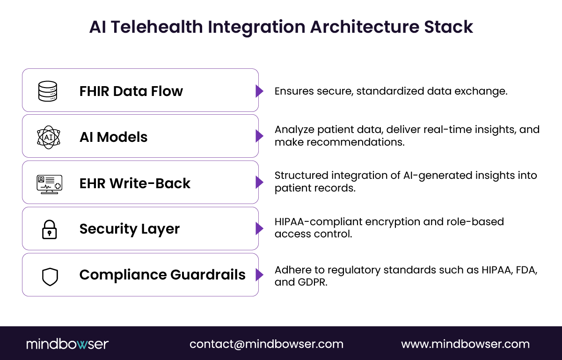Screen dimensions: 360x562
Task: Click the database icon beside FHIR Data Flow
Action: point(47,91)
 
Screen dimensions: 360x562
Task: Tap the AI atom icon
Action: point(48,137)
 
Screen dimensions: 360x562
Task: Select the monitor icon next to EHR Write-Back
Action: point(49,184)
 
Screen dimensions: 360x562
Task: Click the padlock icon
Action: point(49,229)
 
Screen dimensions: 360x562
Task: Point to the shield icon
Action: point(50,276)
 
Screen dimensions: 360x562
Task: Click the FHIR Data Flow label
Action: point(131,91)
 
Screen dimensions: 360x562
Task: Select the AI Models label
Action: point(113,137)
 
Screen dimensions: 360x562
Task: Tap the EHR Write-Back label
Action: point(135,183)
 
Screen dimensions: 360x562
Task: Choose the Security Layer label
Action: point(129,229)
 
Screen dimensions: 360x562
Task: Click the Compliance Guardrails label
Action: point(162,275)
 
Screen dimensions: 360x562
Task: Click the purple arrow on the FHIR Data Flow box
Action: point(259,91)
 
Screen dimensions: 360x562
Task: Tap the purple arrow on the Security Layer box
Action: point(259,228)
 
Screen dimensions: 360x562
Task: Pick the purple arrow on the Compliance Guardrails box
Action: point(259,275)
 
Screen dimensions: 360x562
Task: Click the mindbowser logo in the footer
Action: point(67,344)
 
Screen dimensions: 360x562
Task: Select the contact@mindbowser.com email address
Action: point(266,344)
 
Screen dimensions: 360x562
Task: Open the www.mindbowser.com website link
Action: point(465,344)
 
